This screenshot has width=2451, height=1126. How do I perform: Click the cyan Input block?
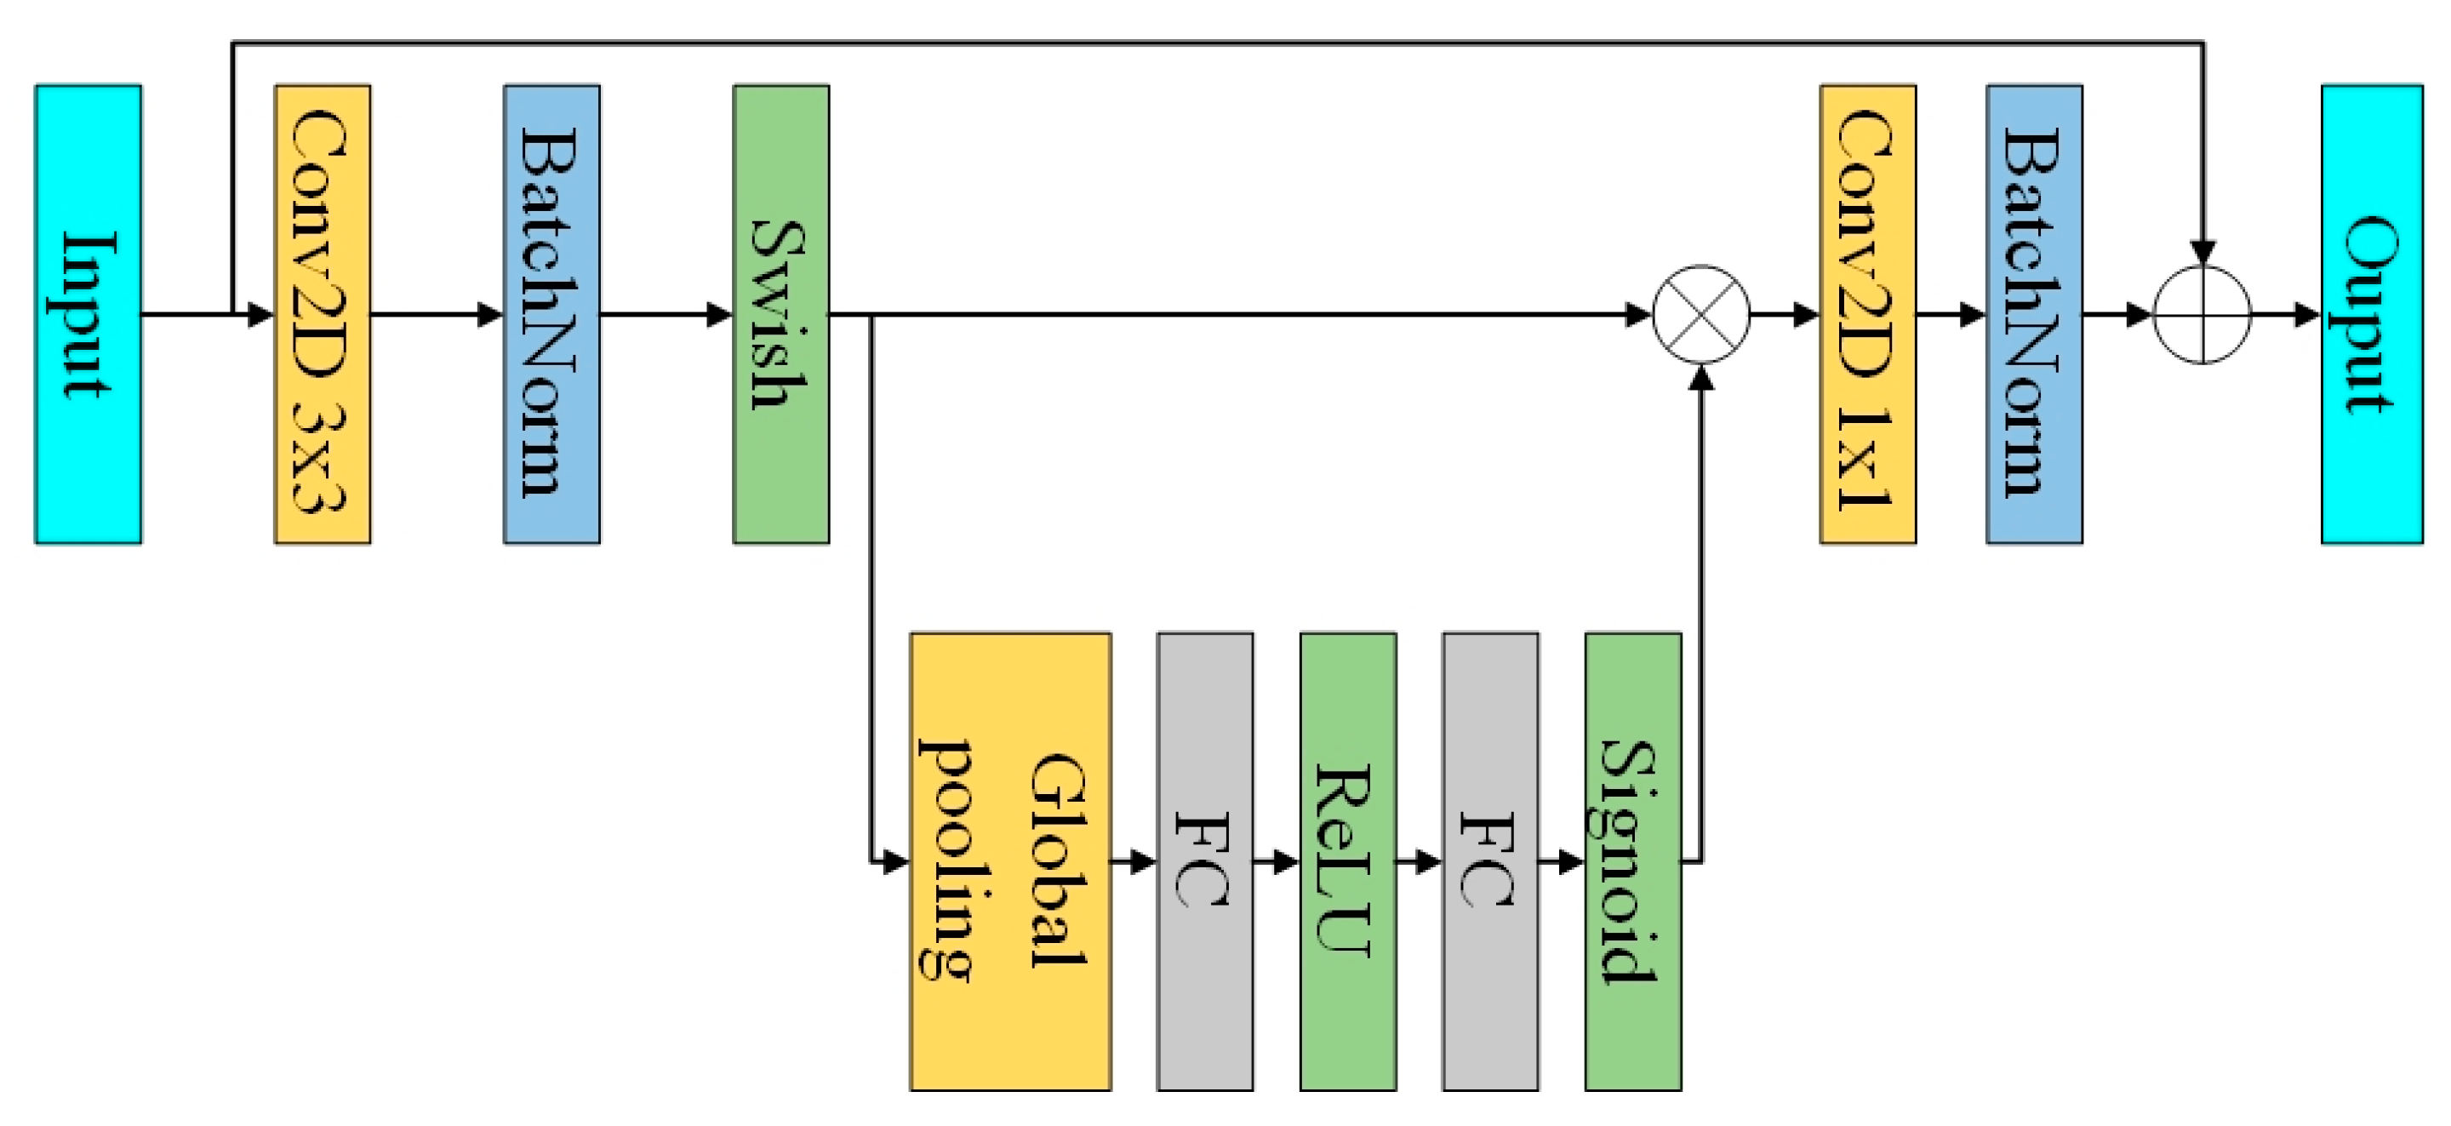click(x=88, y=314)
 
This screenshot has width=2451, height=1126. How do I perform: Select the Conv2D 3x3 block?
click(x=322, y=314)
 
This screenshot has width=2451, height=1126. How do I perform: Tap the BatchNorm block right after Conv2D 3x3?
click(x=551, y=314)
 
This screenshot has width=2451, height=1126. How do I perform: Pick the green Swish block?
click(x=780, y=314)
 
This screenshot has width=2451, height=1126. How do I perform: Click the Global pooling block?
click(x=1009, y=861)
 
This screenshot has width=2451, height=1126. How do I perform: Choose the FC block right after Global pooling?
click(x=1204, y=861)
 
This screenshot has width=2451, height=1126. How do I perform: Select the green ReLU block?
click(x=1347, y=861)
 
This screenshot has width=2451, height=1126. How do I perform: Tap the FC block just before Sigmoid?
click(x=1490, y=861)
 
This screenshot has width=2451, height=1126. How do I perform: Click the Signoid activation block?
click(x=1633, y=861)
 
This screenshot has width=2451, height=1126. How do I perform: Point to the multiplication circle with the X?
click(x=1701, y=314)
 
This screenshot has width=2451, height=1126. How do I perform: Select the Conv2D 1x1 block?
click(x=1867, y=314)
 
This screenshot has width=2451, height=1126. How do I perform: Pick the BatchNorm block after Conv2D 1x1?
click(x=2034, y=314)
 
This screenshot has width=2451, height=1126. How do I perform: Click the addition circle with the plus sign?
click(x=2202, y=314)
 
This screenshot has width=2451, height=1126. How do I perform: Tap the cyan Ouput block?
click(x=2371, y=314)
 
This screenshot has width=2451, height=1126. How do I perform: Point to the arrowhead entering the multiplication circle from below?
click(x=1701, y=377)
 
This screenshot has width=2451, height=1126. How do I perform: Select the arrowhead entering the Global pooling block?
click(x=896, y=862)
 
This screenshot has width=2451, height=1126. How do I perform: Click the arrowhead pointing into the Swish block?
click(x=720, y=314)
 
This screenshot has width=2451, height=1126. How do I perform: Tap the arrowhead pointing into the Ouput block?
click(x=2308, y=314)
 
